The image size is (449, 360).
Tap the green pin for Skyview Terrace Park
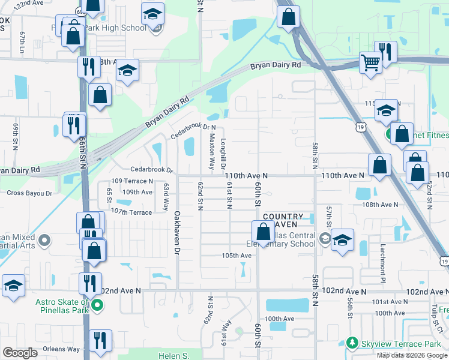point(352,344)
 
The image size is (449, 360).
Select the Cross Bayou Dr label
point(29,193)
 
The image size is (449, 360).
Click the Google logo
point(20,353)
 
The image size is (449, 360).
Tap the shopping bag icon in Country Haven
point(263,231)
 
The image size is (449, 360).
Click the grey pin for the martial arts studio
point(43,241)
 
